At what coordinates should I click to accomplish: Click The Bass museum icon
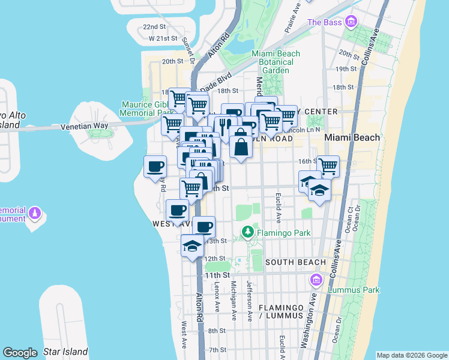[351, 23]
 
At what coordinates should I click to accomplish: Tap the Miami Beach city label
[352, 137]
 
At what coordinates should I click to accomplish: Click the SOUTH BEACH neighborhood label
[295, 262]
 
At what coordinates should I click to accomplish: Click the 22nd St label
[154, 27]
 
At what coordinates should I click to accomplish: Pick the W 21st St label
[164, 38]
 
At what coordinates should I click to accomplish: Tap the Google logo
[20, 353]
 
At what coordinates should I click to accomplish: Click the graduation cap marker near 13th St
[192, 245]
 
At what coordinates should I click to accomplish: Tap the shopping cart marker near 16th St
[328, 166]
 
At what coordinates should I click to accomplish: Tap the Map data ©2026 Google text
[411, 355]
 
